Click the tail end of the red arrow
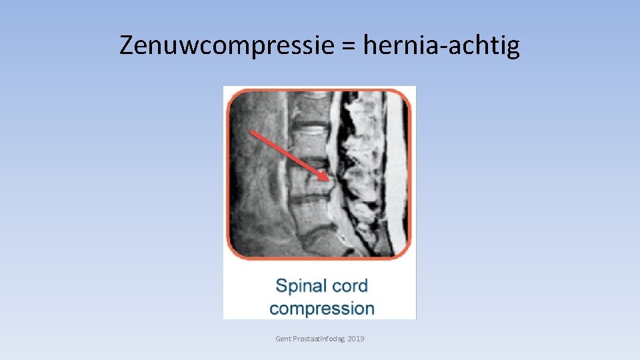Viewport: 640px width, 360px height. pos(251,132)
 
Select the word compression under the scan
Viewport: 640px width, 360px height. pos(322,309)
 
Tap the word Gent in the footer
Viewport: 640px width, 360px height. pos(283,339)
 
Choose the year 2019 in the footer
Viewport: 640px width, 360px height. pos(356,339)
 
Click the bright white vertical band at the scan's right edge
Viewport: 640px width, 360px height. pos(399,173)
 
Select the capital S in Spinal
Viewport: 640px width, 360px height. pos(281,286)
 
